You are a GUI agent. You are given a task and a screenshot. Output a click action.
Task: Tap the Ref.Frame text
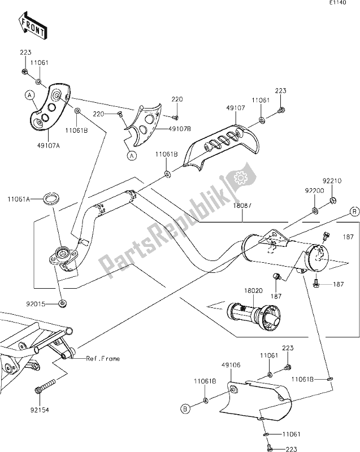103,358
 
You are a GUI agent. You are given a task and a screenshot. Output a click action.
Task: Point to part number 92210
332,181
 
